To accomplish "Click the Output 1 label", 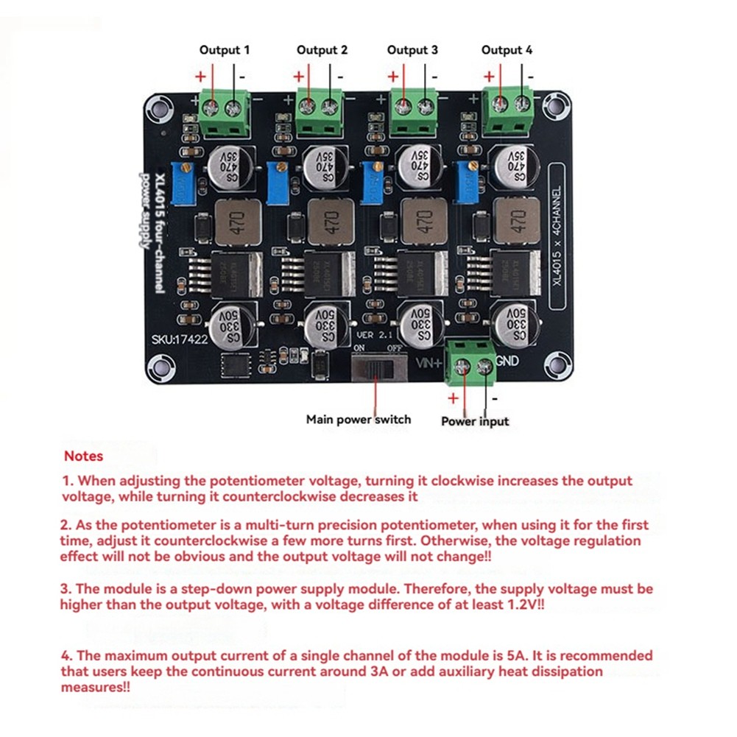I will pyautogui.click(x=225, y=50).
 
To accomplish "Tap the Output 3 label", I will pyautogui.click(x=412, y=50).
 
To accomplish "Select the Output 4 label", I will pyautogui.click(x=507, y=50).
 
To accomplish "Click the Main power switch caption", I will pyautogui.click(x=359, y=420).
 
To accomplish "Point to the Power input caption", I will pyautogui.click(x=475, y=421).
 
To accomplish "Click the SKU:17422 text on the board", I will pyautogui.click(x=177, y=340).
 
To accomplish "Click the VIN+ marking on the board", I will pyautogui.click(x=431, y=362).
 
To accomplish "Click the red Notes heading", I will pyautogui.click(x=83, y=456).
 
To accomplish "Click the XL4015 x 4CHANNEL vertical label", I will pyautogui.click(x=557, y=236).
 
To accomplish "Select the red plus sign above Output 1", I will pyautogui.click(x=200, y=77).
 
